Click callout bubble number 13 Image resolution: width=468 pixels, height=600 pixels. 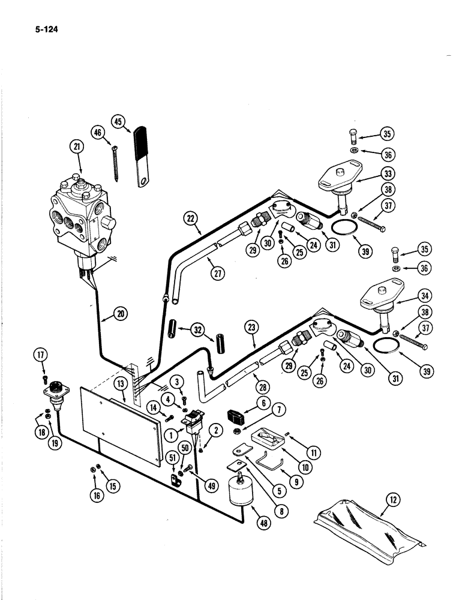[120, 383]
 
